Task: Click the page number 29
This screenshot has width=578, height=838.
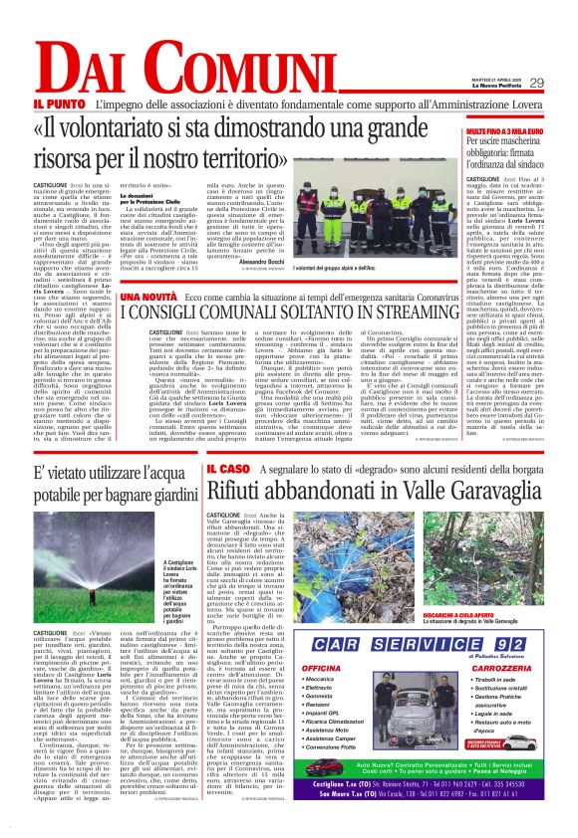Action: (536, 83)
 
